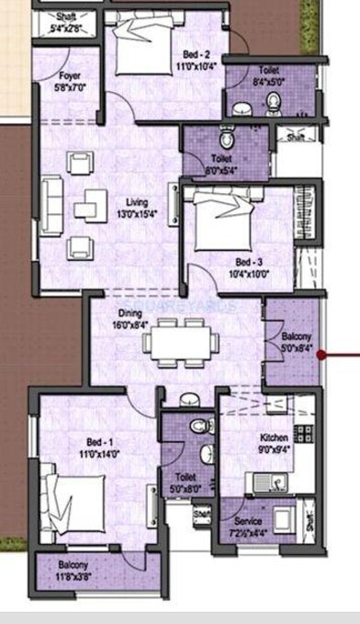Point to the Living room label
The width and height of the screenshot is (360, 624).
[139, 203]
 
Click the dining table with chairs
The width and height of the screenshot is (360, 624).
[181, 342]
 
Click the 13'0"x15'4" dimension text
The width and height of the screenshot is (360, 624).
[139, 214]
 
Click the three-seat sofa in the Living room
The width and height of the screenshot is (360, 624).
[51, 205]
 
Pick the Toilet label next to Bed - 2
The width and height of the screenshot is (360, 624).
[269, 69]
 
